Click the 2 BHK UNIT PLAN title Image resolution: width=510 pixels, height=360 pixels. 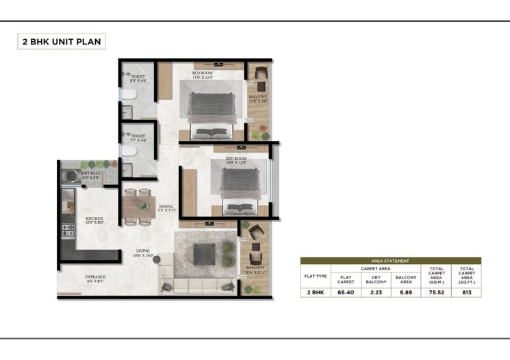coord(61,42)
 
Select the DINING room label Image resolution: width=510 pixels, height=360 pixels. coord(166,208)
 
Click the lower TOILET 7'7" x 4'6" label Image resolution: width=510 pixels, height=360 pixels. coord(138,138)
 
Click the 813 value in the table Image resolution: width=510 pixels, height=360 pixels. coord(467,292)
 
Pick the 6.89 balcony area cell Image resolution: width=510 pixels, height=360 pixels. coord(406,292)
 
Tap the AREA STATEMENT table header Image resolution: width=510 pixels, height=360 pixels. coord(390,261)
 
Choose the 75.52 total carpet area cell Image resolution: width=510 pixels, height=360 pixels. coord(437,292)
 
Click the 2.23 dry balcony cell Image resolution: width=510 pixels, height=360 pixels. coord(376,292)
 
